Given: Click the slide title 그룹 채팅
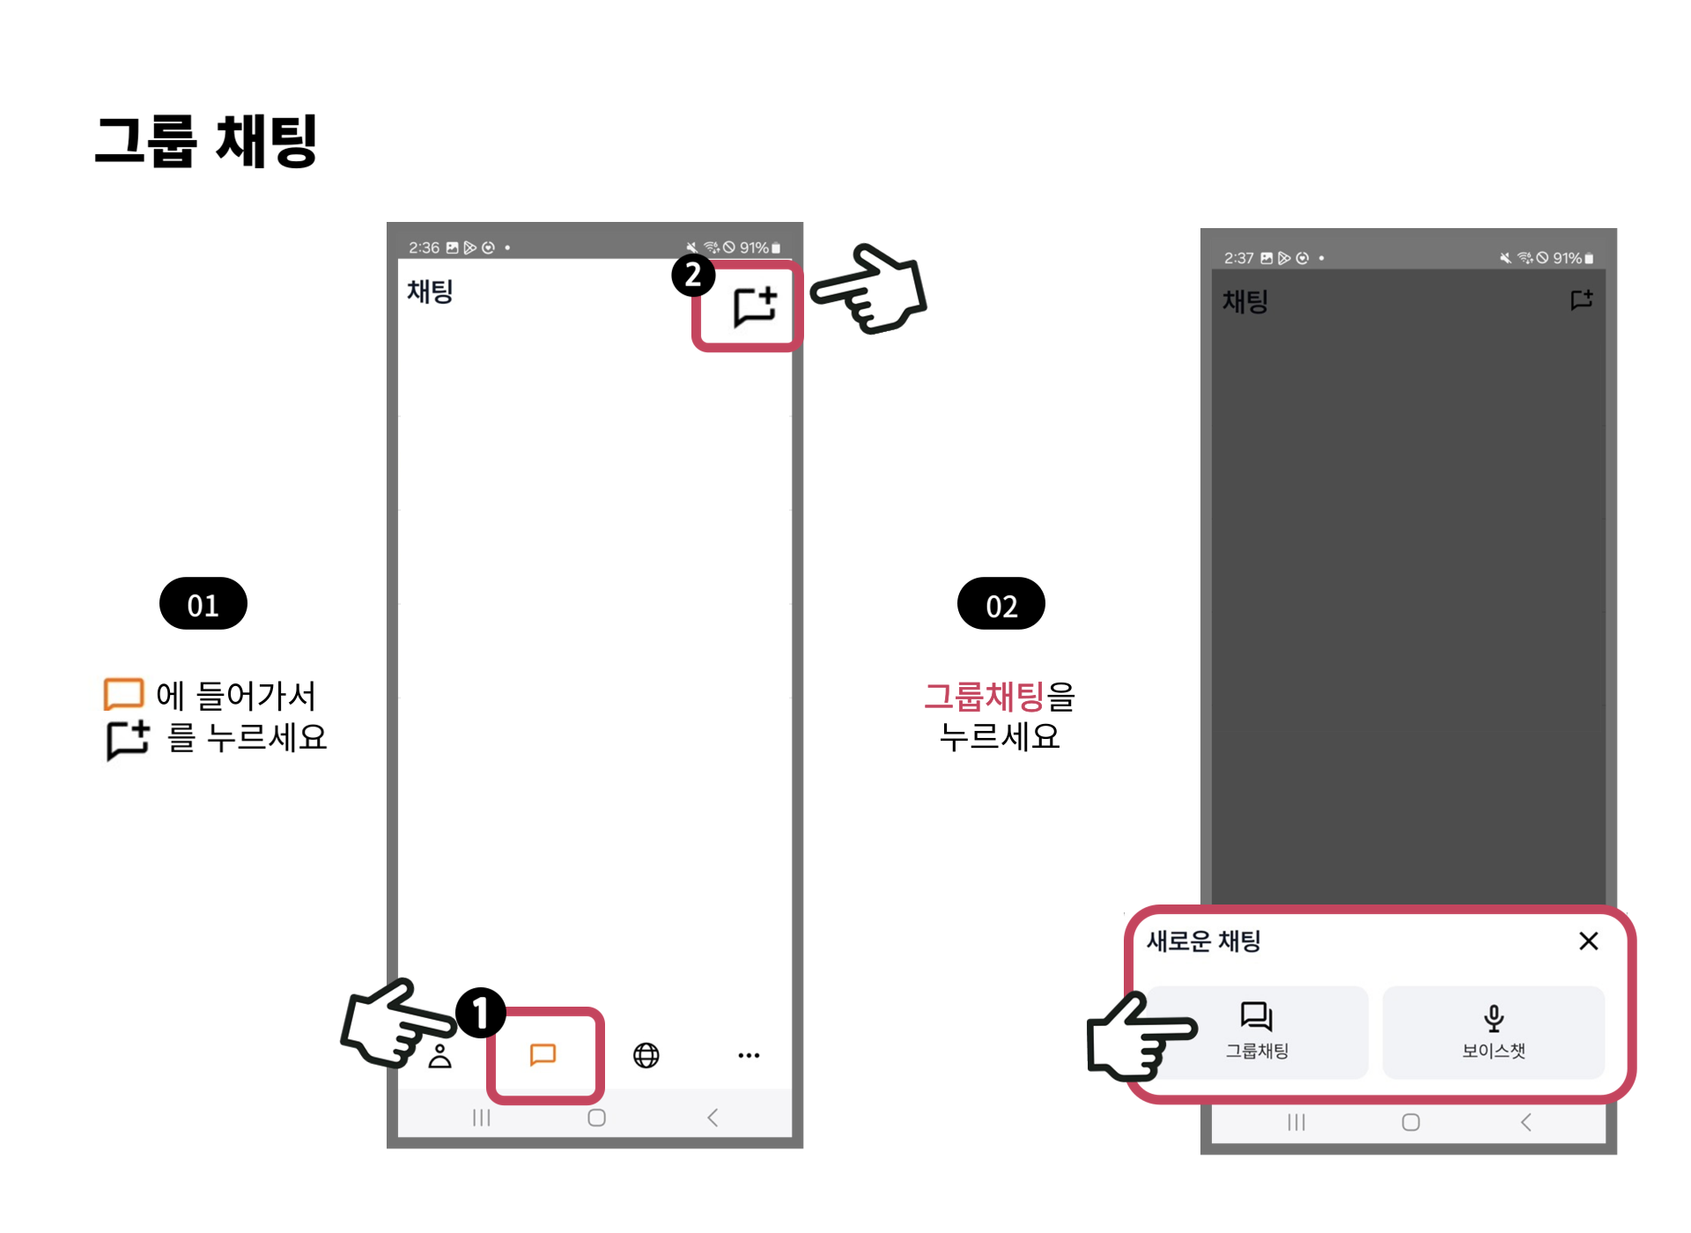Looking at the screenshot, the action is click(x=206, y=141).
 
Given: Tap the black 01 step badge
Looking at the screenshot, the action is click(x=203, y=604).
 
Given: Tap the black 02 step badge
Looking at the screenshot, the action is click(x=1001, y=604).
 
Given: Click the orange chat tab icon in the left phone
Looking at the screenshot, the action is click(x=543, y=1054).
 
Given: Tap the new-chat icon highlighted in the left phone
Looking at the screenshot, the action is click(x=755, y=306).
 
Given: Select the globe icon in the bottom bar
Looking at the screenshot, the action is click(x=646, y=1055).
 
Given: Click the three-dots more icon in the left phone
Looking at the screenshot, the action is click(x=749, y=1055).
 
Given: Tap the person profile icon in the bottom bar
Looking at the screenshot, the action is click(x=440, y=1056).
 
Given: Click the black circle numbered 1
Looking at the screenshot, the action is click(x=481, y=1012).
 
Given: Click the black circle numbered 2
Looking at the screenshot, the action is click(x=693, y=275).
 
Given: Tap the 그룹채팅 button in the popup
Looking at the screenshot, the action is click(x=1258, y=1032).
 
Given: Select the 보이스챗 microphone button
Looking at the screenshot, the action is click(x=1494, y=1032).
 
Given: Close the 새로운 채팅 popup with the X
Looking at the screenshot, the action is click(x=1589, y=941).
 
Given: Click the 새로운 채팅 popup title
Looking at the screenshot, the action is click(x=1203, y=941).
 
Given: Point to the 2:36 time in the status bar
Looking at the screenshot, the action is click(x=424, y=247).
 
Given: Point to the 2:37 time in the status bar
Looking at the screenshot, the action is click(x=1238, y=258).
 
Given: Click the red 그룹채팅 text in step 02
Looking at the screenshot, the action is click(x=984, y=697).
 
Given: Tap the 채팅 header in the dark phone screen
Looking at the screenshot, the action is click(x=1245, y=302).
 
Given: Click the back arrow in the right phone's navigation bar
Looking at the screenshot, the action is click(x=1526, y=1122).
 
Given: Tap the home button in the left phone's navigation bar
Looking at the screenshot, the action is click(x=596, y=1118).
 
